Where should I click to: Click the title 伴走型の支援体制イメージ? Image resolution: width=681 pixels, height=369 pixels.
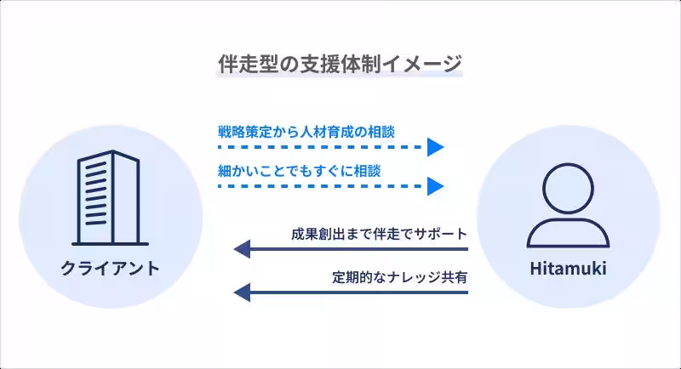(340, 63)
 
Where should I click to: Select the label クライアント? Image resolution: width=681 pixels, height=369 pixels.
(110, 269)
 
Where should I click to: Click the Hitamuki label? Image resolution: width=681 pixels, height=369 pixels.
(569, 270)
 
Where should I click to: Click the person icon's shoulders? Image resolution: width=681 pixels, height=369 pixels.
(569, 232)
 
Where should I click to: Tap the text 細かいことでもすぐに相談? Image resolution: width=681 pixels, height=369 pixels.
(299, 170)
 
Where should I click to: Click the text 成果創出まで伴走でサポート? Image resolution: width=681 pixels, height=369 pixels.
(379, 234)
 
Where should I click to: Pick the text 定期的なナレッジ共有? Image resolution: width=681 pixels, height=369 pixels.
(400, 277)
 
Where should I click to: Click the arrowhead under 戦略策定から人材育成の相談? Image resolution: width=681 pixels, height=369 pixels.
(436, 148)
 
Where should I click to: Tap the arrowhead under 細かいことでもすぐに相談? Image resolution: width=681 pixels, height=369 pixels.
(436, 185)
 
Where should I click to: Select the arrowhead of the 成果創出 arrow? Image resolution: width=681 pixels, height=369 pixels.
(243, 249)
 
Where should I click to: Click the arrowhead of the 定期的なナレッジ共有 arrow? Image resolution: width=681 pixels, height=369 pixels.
(243, 292)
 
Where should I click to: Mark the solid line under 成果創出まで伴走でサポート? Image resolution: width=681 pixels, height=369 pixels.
(358, 249)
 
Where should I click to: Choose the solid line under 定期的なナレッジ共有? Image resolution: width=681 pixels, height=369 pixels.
(358, 292)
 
